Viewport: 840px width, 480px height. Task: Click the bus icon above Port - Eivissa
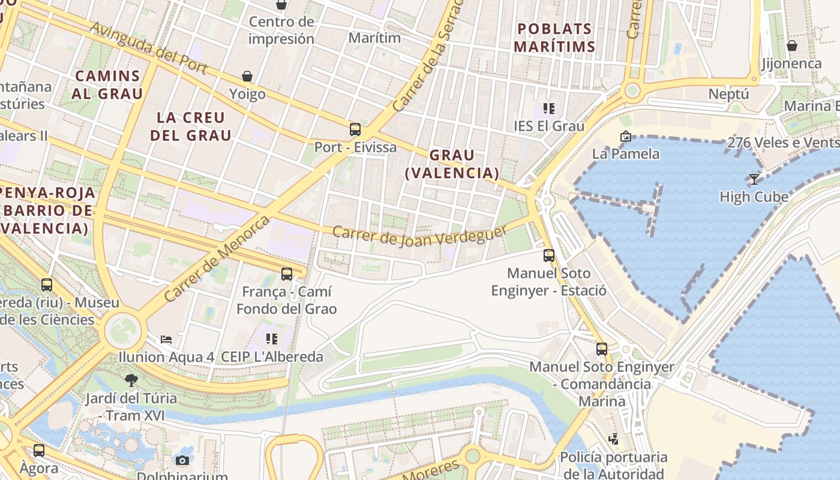tap(355, 129)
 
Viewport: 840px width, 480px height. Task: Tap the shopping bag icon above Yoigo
tap(247, 76)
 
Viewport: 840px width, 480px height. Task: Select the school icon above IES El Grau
tap(549, 108)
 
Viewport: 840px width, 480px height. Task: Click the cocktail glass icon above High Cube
tap(754, 179)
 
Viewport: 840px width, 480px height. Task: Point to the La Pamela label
tap(625, 154)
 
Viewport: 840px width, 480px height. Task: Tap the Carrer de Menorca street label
tap(217, 259)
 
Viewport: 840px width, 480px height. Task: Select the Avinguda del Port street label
tap(149, 49)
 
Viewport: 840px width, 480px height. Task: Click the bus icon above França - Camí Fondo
tap(287, 274)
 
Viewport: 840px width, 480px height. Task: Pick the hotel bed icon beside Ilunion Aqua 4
tap(166, 339)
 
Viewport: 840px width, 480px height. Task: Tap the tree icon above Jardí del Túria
tap(131, 380)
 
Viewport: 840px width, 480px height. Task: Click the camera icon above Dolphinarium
tap(182, 460)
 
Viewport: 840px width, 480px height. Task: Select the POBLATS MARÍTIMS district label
tap(554, 38)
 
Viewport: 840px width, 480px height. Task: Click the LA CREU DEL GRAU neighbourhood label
tap(191, 126)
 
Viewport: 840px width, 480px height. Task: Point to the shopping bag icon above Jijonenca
tap(792, 46)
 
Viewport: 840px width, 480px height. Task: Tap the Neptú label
tap(728, 94)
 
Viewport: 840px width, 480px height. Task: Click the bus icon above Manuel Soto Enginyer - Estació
tap(549, 256)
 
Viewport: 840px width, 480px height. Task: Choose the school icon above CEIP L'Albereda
tap(272, 339)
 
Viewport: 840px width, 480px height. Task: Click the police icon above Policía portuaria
tap(613, 439)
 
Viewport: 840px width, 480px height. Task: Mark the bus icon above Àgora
tap(39, 450)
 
